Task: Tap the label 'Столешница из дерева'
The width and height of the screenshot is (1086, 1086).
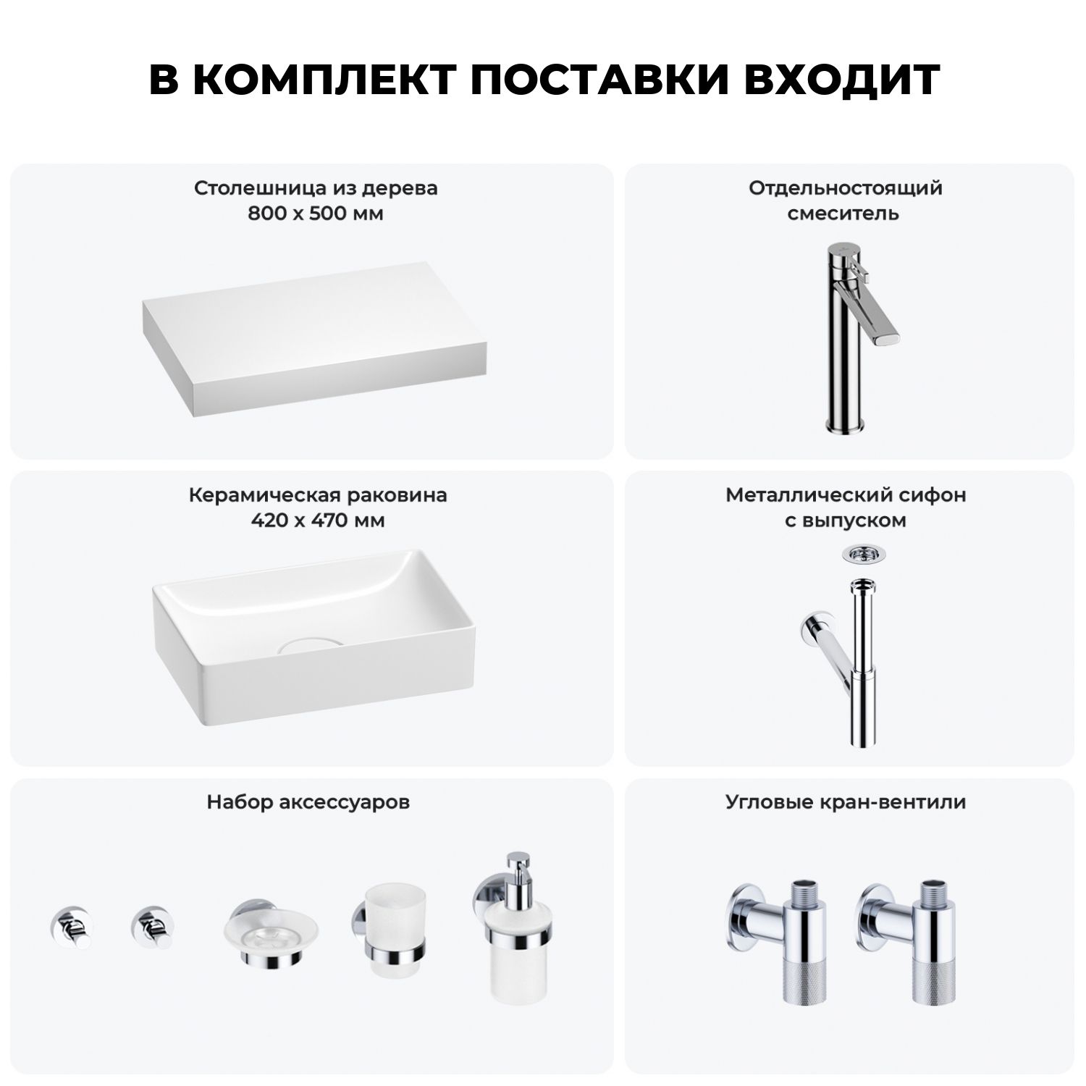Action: coord(316,188)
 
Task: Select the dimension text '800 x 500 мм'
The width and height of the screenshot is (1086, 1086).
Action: coord(316,214)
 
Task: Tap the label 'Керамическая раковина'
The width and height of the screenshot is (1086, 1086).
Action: coord(318,495)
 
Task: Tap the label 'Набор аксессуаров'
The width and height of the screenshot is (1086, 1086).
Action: coord(308,802)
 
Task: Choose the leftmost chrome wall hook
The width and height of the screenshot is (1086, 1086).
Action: coord(71,927)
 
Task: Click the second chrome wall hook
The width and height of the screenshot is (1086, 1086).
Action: coord(152,927)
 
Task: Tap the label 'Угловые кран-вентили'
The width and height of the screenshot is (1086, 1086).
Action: coord(846,802)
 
